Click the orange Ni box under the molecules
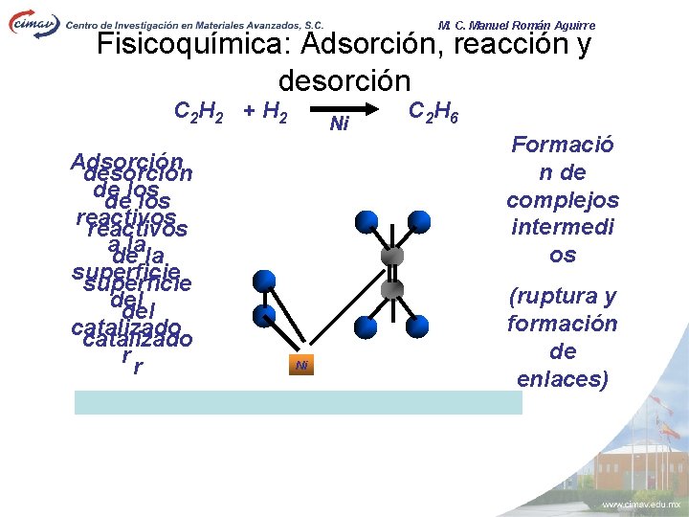point(301,365)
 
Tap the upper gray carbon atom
point(392,256)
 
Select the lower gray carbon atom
point(392,289)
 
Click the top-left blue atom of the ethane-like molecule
point(365,222)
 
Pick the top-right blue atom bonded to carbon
point(419,222)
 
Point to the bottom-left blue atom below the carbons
point(365,325)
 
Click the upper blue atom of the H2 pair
point(265,281)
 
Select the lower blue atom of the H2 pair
point(265,315)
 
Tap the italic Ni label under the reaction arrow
point(338,124)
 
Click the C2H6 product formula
point(433,112)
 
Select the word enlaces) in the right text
point(563,379)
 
